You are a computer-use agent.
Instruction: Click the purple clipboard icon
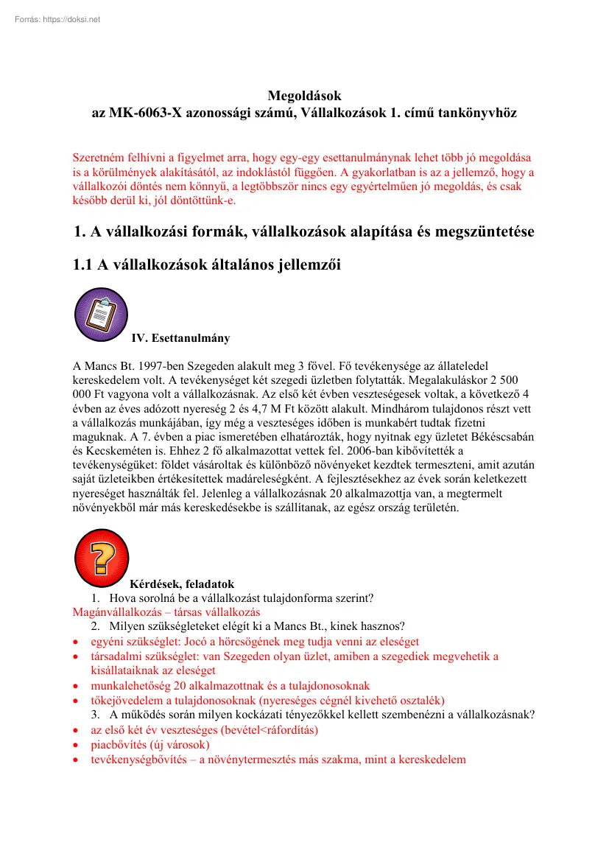[x=102, y=315]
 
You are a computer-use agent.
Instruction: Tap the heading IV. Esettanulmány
[x=180, y=338]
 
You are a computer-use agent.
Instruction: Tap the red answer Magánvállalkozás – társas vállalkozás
[x=166, y=612]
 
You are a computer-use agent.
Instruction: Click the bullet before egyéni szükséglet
[x=77, y=642]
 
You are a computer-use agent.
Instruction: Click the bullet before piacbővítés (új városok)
[x=77, y=745]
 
